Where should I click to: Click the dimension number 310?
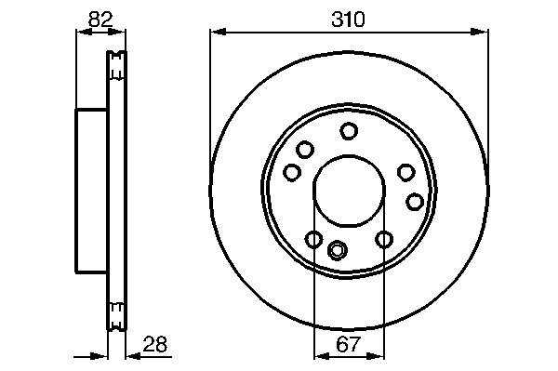click(348, 20)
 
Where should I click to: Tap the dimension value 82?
click(100, 20)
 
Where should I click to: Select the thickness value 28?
click(154, 344)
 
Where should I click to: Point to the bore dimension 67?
click(348, 344)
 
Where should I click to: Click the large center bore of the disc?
click(349, 191)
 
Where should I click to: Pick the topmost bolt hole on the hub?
click(349, 131)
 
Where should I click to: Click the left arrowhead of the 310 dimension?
click(219, 32)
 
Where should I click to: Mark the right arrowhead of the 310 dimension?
click(479, 32)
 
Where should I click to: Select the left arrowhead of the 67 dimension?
click(322, 356)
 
